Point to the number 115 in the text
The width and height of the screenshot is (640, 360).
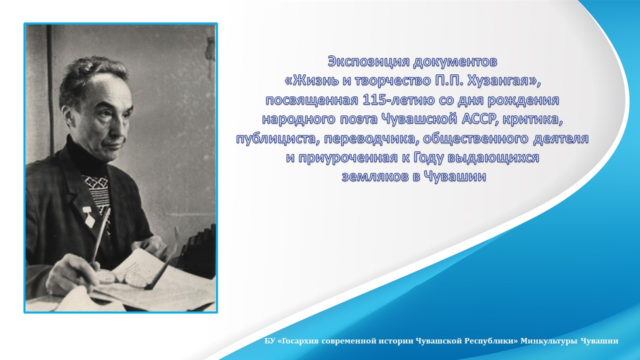coord(374,99)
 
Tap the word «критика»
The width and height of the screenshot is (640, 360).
coord(533,119)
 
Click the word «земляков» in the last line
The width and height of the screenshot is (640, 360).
coord(375,176)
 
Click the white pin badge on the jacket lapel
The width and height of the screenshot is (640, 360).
coord(88,217)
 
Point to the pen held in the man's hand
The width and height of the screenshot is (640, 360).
coord(100,237)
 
